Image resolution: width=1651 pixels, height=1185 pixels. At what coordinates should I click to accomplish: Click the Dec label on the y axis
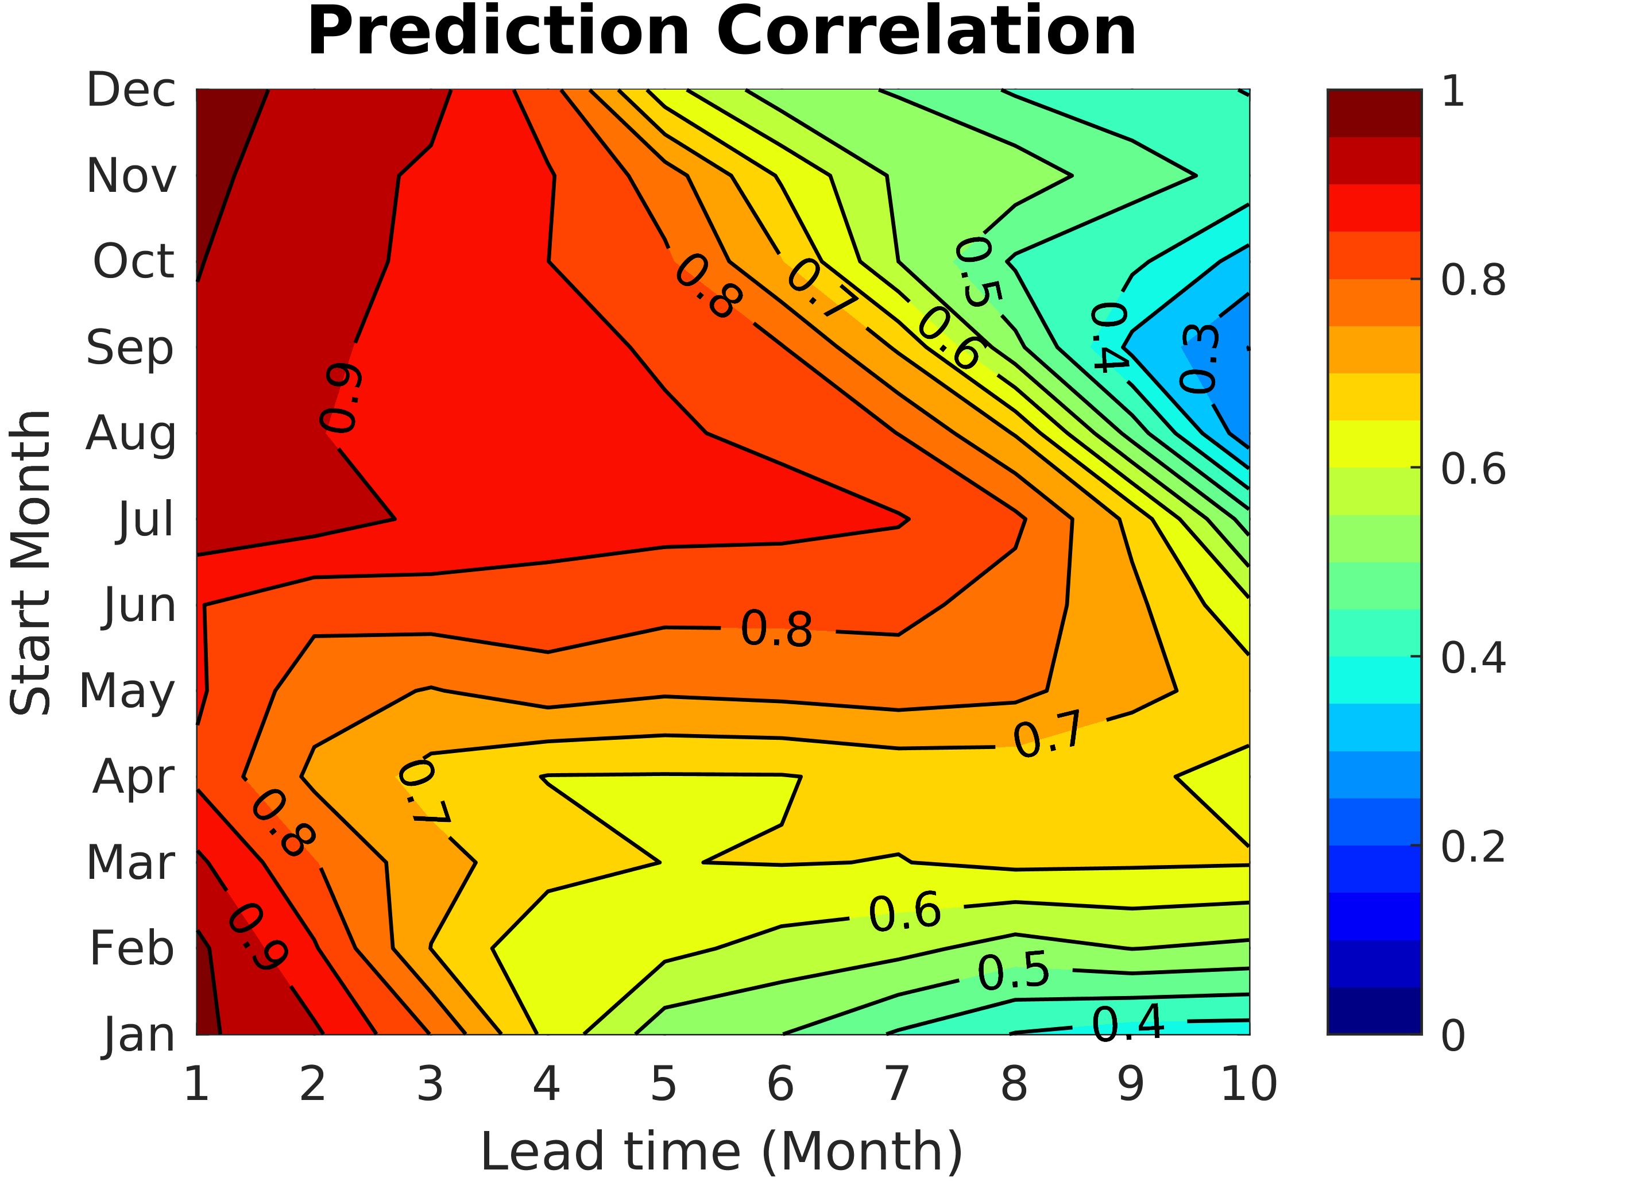131,90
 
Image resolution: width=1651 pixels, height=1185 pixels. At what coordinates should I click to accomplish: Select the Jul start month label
146,520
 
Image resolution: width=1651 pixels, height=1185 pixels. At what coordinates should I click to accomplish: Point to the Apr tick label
133,777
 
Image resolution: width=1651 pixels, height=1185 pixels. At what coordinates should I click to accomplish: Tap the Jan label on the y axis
139,1035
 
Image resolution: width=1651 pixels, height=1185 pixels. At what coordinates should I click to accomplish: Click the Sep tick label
130,348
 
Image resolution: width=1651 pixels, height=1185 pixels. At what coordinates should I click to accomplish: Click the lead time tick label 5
664,1085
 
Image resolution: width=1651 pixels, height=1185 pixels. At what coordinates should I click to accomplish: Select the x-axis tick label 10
1248,1085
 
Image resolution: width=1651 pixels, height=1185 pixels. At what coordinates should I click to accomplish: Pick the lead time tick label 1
196,1085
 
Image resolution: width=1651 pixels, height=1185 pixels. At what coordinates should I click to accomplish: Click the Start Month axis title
30,563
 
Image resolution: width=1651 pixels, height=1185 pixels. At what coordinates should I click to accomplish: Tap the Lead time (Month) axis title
721,1153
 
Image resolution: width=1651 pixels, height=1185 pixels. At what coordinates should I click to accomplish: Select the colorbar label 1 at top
1453,92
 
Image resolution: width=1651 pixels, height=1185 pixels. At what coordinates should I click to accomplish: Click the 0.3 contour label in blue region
1199,359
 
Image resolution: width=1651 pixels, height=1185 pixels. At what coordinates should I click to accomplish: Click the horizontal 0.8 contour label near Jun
776,630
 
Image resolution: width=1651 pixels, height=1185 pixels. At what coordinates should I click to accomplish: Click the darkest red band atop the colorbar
1374,113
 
